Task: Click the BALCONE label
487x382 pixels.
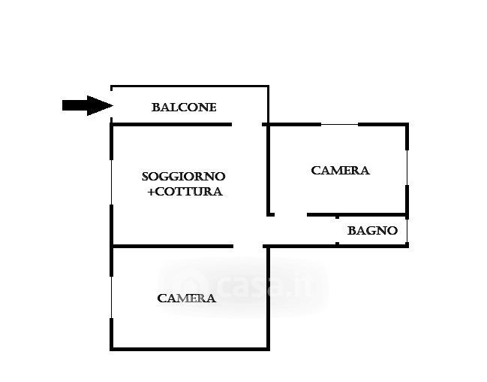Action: (184, 108)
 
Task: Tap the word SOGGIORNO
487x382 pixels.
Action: (184, 177)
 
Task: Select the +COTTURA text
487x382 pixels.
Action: (185, 192)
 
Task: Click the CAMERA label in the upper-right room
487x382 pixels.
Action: (340, 171)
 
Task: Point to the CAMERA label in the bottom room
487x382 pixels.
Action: (186, 299)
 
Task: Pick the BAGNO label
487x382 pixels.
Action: (372, 231)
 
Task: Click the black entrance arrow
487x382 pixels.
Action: (88, 105)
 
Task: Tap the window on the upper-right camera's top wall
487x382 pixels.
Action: (339, 125)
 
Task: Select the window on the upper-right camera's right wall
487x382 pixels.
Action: (407, 168)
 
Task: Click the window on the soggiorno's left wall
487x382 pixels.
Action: (112, 183)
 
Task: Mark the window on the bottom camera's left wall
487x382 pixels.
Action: (112, 297)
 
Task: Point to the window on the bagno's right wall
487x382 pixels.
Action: (407, 231)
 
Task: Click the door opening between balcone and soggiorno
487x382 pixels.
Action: (247, 125)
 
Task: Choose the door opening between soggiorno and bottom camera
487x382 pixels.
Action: (248, 246)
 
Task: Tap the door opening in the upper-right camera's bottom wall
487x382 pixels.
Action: (290, 214)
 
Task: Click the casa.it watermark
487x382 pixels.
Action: (244, 286)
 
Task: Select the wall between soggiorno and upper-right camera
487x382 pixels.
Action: (269, 170)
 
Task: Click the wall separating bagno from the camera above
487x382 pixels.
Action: (357, 214)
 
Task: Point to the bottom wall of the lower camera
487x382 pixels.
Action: (190, 349)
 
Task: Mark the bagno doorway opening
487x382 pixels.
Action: (337, 230)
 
